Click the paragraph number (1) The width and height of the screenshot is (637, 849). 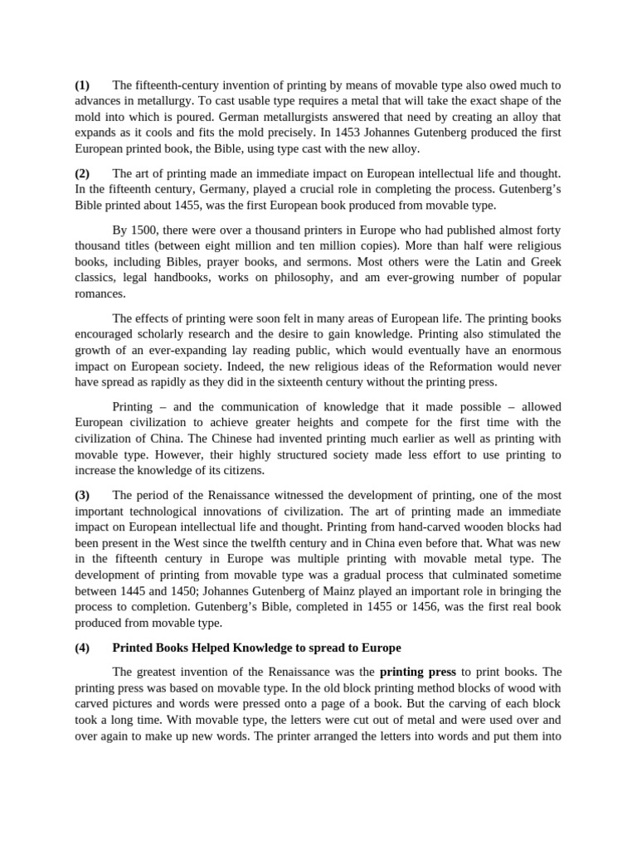tap(82, 85)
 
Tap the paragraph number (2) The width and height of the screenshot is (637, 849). tap(82, 173)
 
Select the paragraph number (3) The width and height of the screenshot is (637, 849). tap(82, 495)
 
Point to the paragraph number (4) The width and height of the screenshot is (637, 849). tap(82, 648)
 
